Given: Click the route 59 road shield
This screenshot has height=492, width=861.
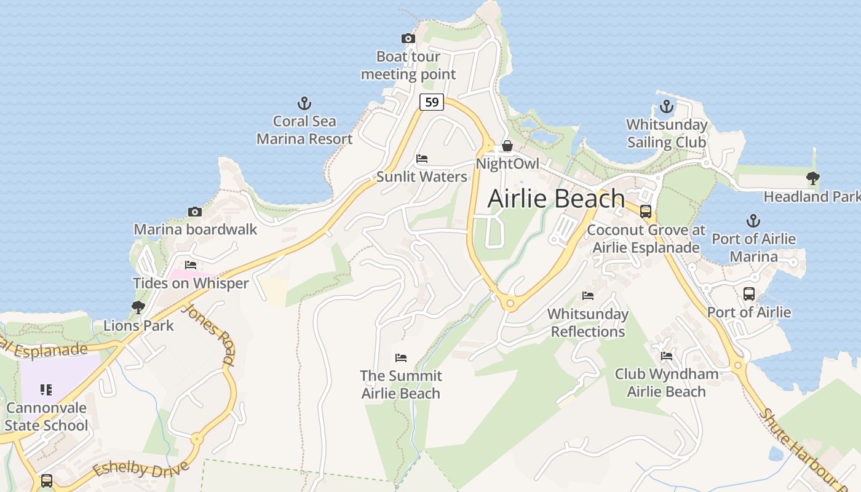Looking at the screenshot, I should (432, 102).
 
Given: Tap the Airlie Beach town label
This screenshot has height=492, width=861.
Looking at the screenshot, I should (556, 199).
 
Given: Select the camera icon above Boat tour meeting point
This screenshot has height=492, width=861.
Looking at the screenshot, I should (408, 39).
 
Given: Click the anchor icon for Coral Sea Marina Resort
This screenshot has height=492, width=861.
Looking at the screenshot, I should (304, 103).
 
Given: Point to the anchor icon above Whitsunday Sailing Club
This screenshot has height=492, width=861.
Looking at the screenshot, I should (667, 106).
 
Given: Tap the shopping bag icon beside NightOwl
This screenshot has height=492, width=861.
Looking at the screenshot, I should (507, 146).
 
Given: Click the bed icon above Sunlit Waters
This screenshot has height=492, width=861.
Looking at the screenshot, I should (422, 159).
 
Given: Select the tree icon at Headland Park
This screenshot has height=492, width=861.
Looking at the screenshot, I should (813, 178).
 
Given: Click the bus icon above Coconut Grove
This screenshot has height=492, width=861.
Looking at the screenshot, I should (646, 212).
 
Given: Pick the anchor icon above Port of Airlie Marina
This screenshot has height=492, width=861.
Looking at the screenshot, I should (753, 220).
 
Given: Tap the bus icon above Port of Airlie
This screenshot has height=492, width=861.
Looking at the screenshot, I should (748, 294).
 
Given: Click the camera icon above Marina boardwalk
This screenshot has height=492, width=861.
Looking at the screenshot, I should (195, 212).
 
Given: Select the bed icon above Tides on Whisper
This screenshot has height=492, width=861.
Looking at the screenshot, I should (191, 265).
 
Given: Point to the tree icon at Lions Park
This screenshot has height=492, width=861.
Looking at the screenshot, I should (138, 307).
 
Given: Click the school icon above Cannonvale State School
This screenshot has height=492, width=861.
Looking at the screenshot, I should (46, 389).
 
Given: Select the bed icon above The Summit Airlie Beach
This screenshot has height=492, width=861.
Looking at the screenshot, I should (401, 357).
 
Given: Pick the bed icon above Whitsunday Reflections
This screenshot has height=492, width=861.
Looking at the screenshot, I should (588, 296).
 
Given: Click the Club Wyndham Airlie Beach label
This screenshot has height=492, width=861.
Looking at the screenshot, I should (667, 383).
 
